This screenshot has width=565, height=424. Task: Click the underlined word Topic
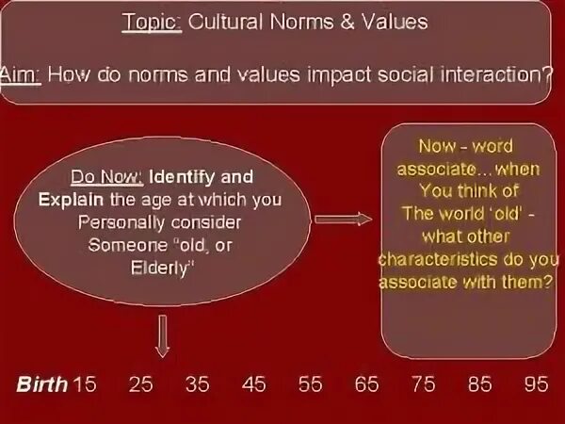coord(152,24)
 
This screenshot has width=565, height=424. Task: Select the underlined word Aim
coord(19,72)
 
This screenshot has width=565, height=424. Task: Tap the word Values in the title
coord(400,24)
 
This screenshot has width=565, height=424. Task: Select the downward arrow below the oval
coord(162,334)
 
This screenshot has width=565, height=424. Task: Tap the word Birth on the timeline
coord(41,383)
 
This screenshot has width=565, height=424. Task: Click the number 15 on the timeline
coord(85,383)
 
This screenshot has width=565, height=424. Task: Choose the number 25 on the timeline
coord(140,383)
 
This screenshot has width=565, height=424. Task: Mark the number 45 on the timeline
coord(253,383)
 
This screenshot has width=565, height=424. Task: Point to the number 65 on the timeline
coord(366,383)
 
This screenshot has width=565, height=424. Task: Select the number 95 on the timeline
coord(536,383)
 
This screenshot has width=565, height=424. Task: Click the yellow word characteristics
coord(439,258)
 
